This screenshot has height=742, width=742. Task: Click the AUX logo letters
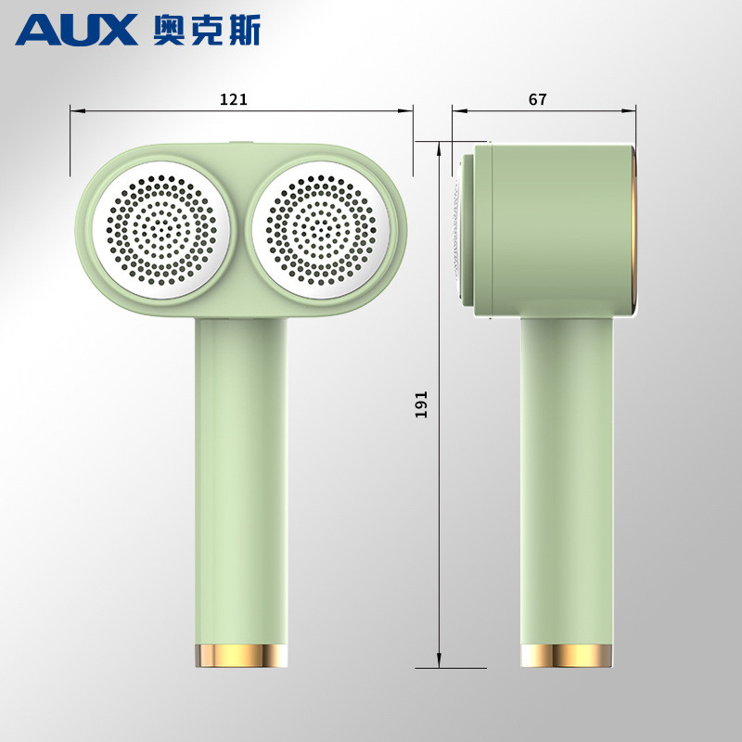pos(76,30)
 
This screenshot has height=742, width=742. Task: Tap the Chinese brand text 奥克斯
pos(206,30)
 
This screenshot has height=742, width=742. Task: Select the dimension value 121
pos(234,99)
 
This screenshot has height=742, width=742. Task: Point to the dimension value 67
pos(538,99)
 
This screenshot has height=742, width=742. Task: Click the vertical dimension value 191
pos(421,403)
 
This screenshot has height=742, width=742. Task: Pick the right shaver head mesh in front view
pos(319,229)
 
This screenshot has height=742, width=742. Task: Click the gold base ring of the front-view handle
pos(241,655)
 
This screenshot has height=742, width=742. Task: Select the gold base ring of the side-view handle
pos(566,655)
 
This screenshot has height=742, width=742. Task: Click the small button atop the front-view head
pos(240,144)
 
